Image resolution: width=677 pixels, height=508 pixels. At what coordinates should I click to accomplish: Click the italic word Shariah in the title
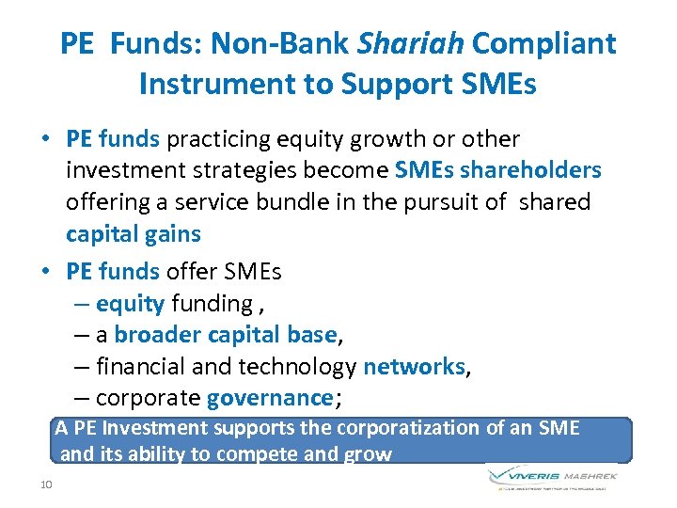410,43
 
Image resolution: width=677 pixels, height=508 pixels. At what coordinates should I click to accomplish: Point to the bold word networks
414,366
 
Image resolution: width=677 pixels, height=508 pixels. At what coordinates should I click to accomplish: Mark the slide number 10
46,484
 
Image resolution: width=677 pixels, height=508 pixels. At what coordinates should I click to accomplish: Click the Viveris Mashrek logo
553,477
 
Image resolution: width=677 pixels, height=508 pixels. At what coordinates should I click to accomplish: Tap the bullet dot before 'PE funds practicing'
45,140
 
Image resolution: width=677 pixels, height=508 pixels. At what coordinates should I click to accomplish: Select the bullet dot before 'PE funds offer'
45,272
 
